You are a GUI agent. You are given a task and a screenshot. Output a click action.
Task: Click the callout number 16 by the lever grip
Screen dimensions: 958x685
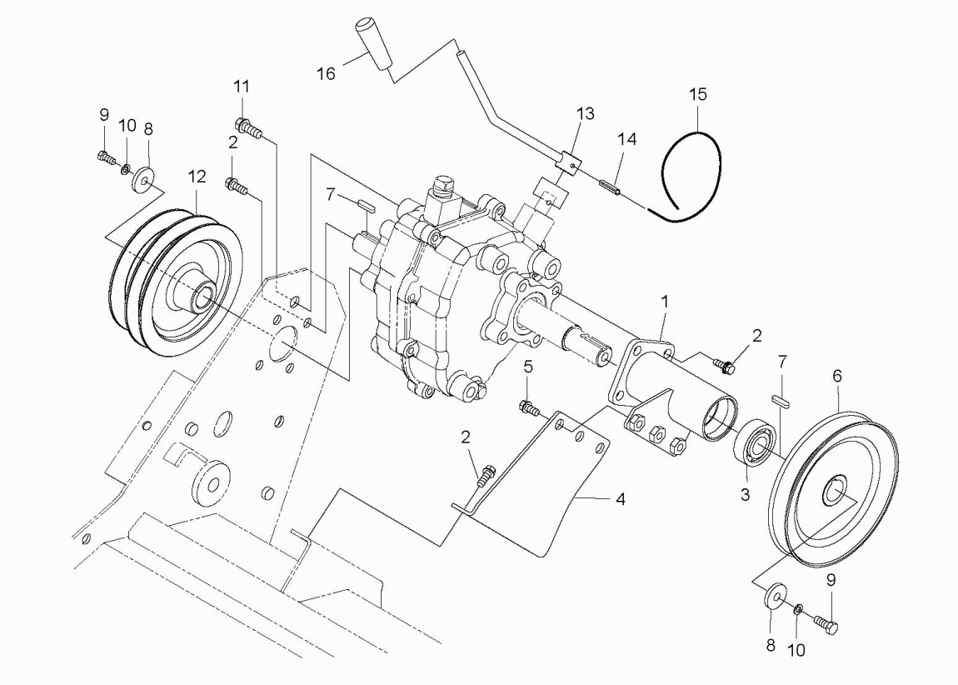click(x=326, y=73)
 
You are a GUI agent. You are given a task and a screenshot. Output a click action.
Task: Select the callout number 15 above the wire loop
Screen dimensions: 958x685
click(x=698, y=94)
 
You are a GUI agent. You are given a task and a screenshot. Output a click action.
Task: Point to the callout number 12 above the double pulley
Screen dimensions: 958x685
click(x=197, y=177)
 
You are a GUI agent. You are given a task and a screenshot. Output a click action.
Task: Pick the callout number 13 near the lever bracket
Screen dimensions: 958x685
click(x=585, y=113)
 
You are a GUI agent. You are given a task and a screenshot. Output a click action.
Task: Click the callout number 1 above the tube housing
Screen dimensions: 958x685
click(x=665, y=302)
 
